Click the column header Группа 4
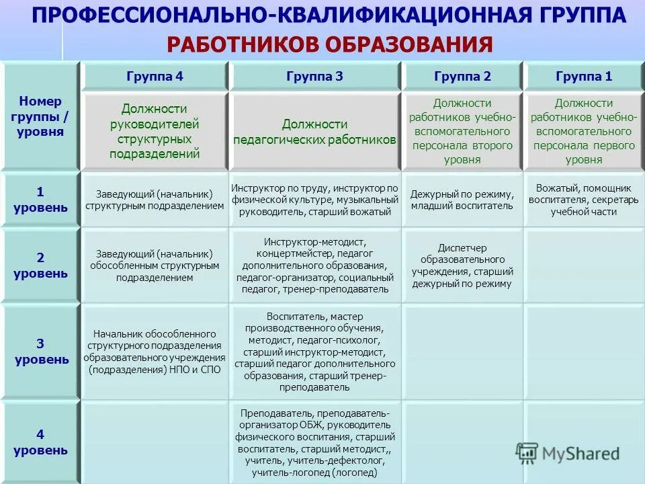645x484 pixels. [x=155, y=77]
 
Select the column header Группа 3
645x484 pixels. [x=314, y=77]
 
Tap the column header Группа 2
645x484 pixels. [x=462, y=77]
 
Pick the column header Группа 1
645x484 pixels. [x=584, y=77]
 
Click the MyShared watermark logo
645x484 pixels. [x=568, y=454]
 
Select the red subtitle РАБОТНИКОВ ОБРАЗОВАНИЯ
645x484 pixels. [x=330, y=45]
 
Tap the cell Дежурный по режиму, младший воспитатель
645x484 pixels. [x=462, y=200]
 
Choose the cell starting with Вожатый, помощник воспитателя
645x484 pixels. [x=584, y=199]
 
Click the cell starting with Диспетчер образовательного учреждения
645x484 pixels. [x=462, y=266]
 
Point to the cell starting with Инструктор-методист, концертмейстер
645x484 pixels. [x=314, y=265]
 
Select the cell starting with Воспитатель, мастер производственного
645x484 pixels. [x=314, y=352]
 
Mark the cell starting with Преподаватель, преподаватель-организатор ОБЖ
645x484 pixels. [x=314, y=442]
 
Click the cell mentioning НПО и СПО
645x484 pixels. [x=155, y=352]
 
